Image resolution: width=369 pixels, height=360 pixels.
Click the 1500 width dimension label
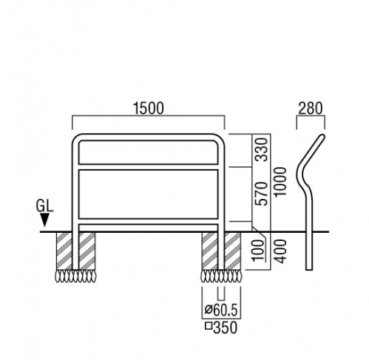point(148,108)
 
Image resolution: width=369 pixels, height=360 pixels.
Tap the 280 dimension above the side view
point(311,108)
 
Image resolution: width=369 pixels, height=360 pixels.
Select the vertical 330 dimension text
point(262,149)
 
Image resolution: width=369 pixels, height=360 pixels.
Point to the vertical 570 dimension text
point(262,194)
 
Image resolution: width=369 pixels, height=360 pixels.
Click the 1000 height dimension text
point(281,182)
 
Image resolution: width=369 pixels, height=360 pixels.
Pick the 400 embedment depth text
point(281,251)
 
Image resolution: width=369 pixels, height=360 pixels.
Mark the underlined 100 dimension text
point(258,251)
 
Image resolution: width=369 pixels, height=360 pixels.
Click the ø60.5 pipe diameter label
point(221,310)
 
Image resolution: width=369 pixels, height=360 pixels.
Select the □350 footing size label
point(221,327)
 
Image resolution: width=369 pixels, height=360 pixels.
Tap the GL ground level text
point(44,206)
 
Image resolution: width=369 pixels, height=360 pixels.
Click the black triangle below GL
point(44,220)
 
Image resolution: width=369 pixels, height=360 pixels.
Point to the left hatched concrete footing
point(76,251)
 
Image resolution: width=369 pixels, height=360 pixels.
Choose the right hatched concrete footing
point(221,251)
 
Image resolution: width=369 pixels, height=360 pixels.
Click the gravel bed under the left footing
point(75,276)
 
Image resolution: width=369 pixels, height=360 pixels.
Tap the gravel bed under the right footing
point(221,276)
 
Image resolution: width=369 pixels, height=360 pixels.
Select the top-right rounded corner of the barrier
point(221,138)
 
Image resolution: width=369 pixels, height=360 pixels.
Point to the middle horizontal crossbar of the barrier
point(148,167)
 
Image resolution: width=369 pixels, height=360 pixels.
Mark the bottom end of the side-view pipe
point(309,269)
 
